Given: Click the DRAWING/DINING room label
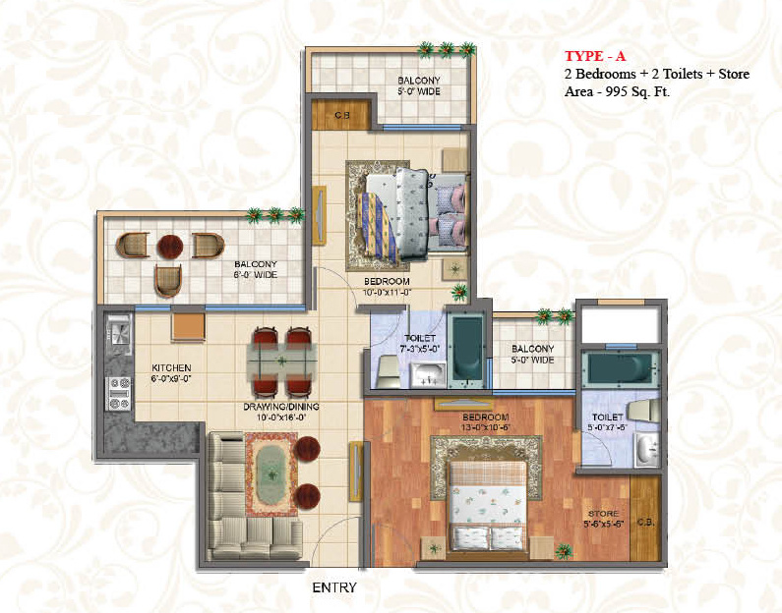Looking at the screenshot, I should point(283,406).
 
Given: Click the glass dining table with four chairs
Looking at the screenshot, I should point(281,358).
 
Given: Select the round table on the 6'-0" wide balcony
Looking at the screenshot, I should point(170,247).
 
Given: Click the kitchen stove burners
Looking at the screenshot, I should point(118,392).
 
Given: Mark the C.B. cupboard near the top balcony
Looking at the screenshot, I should point(341,114).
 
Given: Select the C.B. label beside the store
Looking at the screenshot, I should point(646,521).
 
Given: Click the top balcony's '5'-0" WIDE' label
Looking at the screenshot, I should point(418,92).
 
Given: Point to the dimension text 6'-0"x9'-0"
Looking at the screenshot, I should point(170,378).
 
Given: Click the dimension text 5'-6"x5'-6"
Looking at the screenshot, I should point(602,525).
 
